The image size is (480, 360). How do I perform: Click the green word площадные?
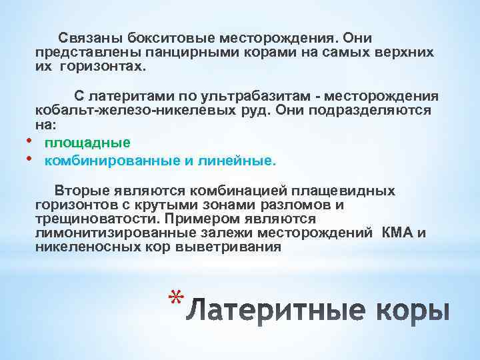(87, 143)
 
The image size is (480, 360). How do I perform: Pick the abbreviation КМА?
(397, 233)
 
